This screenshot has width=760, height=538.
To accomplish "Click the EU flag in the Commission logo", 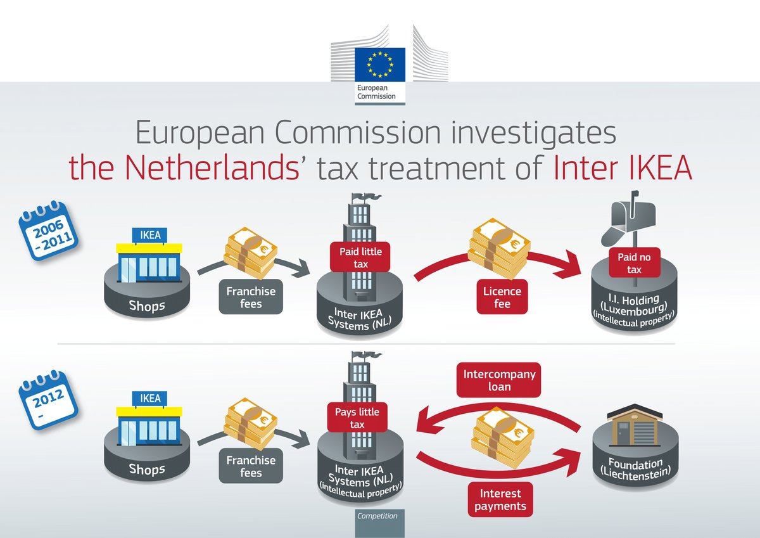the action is coord(380,63).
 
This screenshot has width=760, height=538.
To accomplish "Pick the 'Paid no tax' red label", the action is coord(634,263).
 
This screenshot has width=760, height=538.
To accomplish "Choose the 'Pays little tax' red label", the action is coord(357,418).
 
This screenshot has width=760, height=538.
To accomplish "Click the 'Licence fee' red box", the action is coord(503,298).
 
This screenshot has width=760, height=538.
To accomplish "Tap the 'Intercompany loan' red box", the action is coord(500,380).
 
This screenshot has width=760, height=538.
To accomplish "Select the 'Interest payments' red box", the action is coord(500,499).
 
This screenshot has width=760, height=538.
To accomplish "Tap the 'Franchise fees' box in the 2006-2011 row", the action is coord(251,298).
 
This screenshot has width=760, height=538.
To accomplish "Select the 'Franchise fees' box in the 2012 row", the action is coord(251,467).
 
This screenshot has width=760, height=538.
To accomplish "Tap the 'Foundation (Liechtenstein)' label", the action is coord(635,469).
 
